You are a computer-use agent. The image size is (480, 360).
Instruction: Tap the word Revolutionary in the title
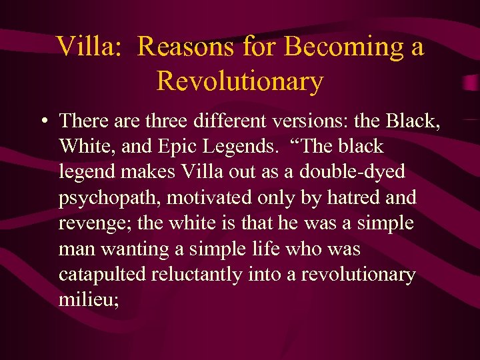click(240, 81)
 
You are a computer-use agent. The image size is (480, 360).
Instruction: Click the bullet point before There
click(42, 121)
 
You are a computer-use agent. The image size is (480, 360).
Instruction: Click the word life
click(269, 248)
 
